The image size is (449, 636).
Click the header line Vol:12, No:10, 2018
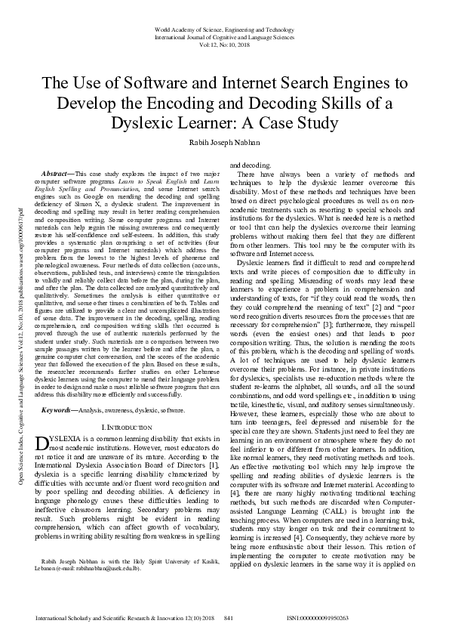click(x=224, y=43)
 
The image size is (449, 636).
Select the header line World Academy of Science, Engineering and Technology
click(x=224, y=28)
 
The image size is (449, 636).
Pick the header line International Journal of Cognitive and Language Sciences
click(x=224, y=36)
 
